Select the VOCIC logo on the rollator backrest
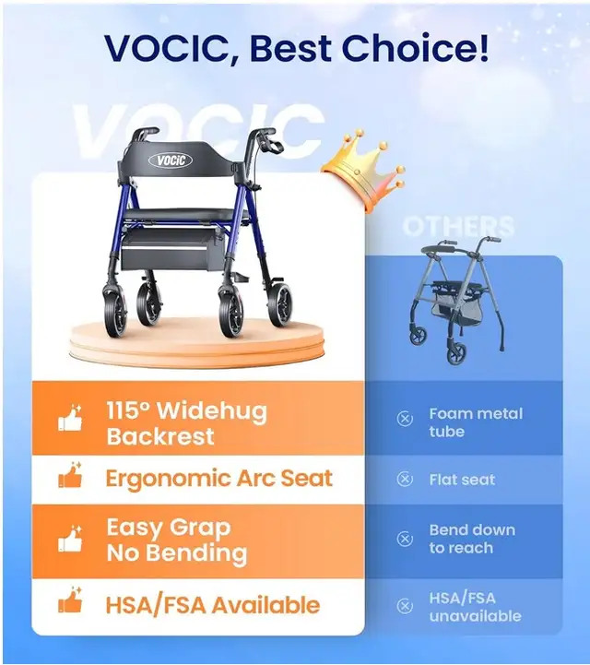[171, 160]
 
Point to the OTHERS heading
[458, 227]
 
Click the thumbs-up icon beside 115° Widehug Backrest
[70, 419]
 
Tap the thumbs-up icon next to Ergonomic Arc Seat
[70, 475]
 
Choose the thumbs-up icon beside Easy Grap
[70, 540]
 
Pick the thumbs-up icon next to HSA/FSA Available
[70, 600]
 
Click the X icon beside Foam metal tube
[405, 419]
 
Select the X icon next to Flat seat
[405, 480]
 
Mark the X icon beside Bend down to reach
[405, 539]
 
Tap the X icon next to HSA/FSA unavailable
[405, 606]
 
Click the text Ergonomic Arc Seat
[219, 479]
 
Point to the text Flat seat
[462, 480]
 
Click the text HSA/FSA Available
[213, 605]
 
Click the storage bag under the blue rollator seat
[171, 250]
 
